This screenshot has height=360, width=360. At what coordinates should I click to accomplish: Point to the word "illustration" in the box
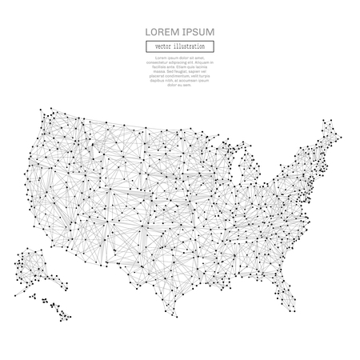coord(191,46)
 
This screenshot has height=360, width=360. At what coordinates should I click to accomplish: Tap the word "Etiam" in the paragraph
coord(182,66)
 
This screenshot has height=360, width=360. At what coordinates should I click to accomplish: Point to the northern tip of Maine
coord(329,122)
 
